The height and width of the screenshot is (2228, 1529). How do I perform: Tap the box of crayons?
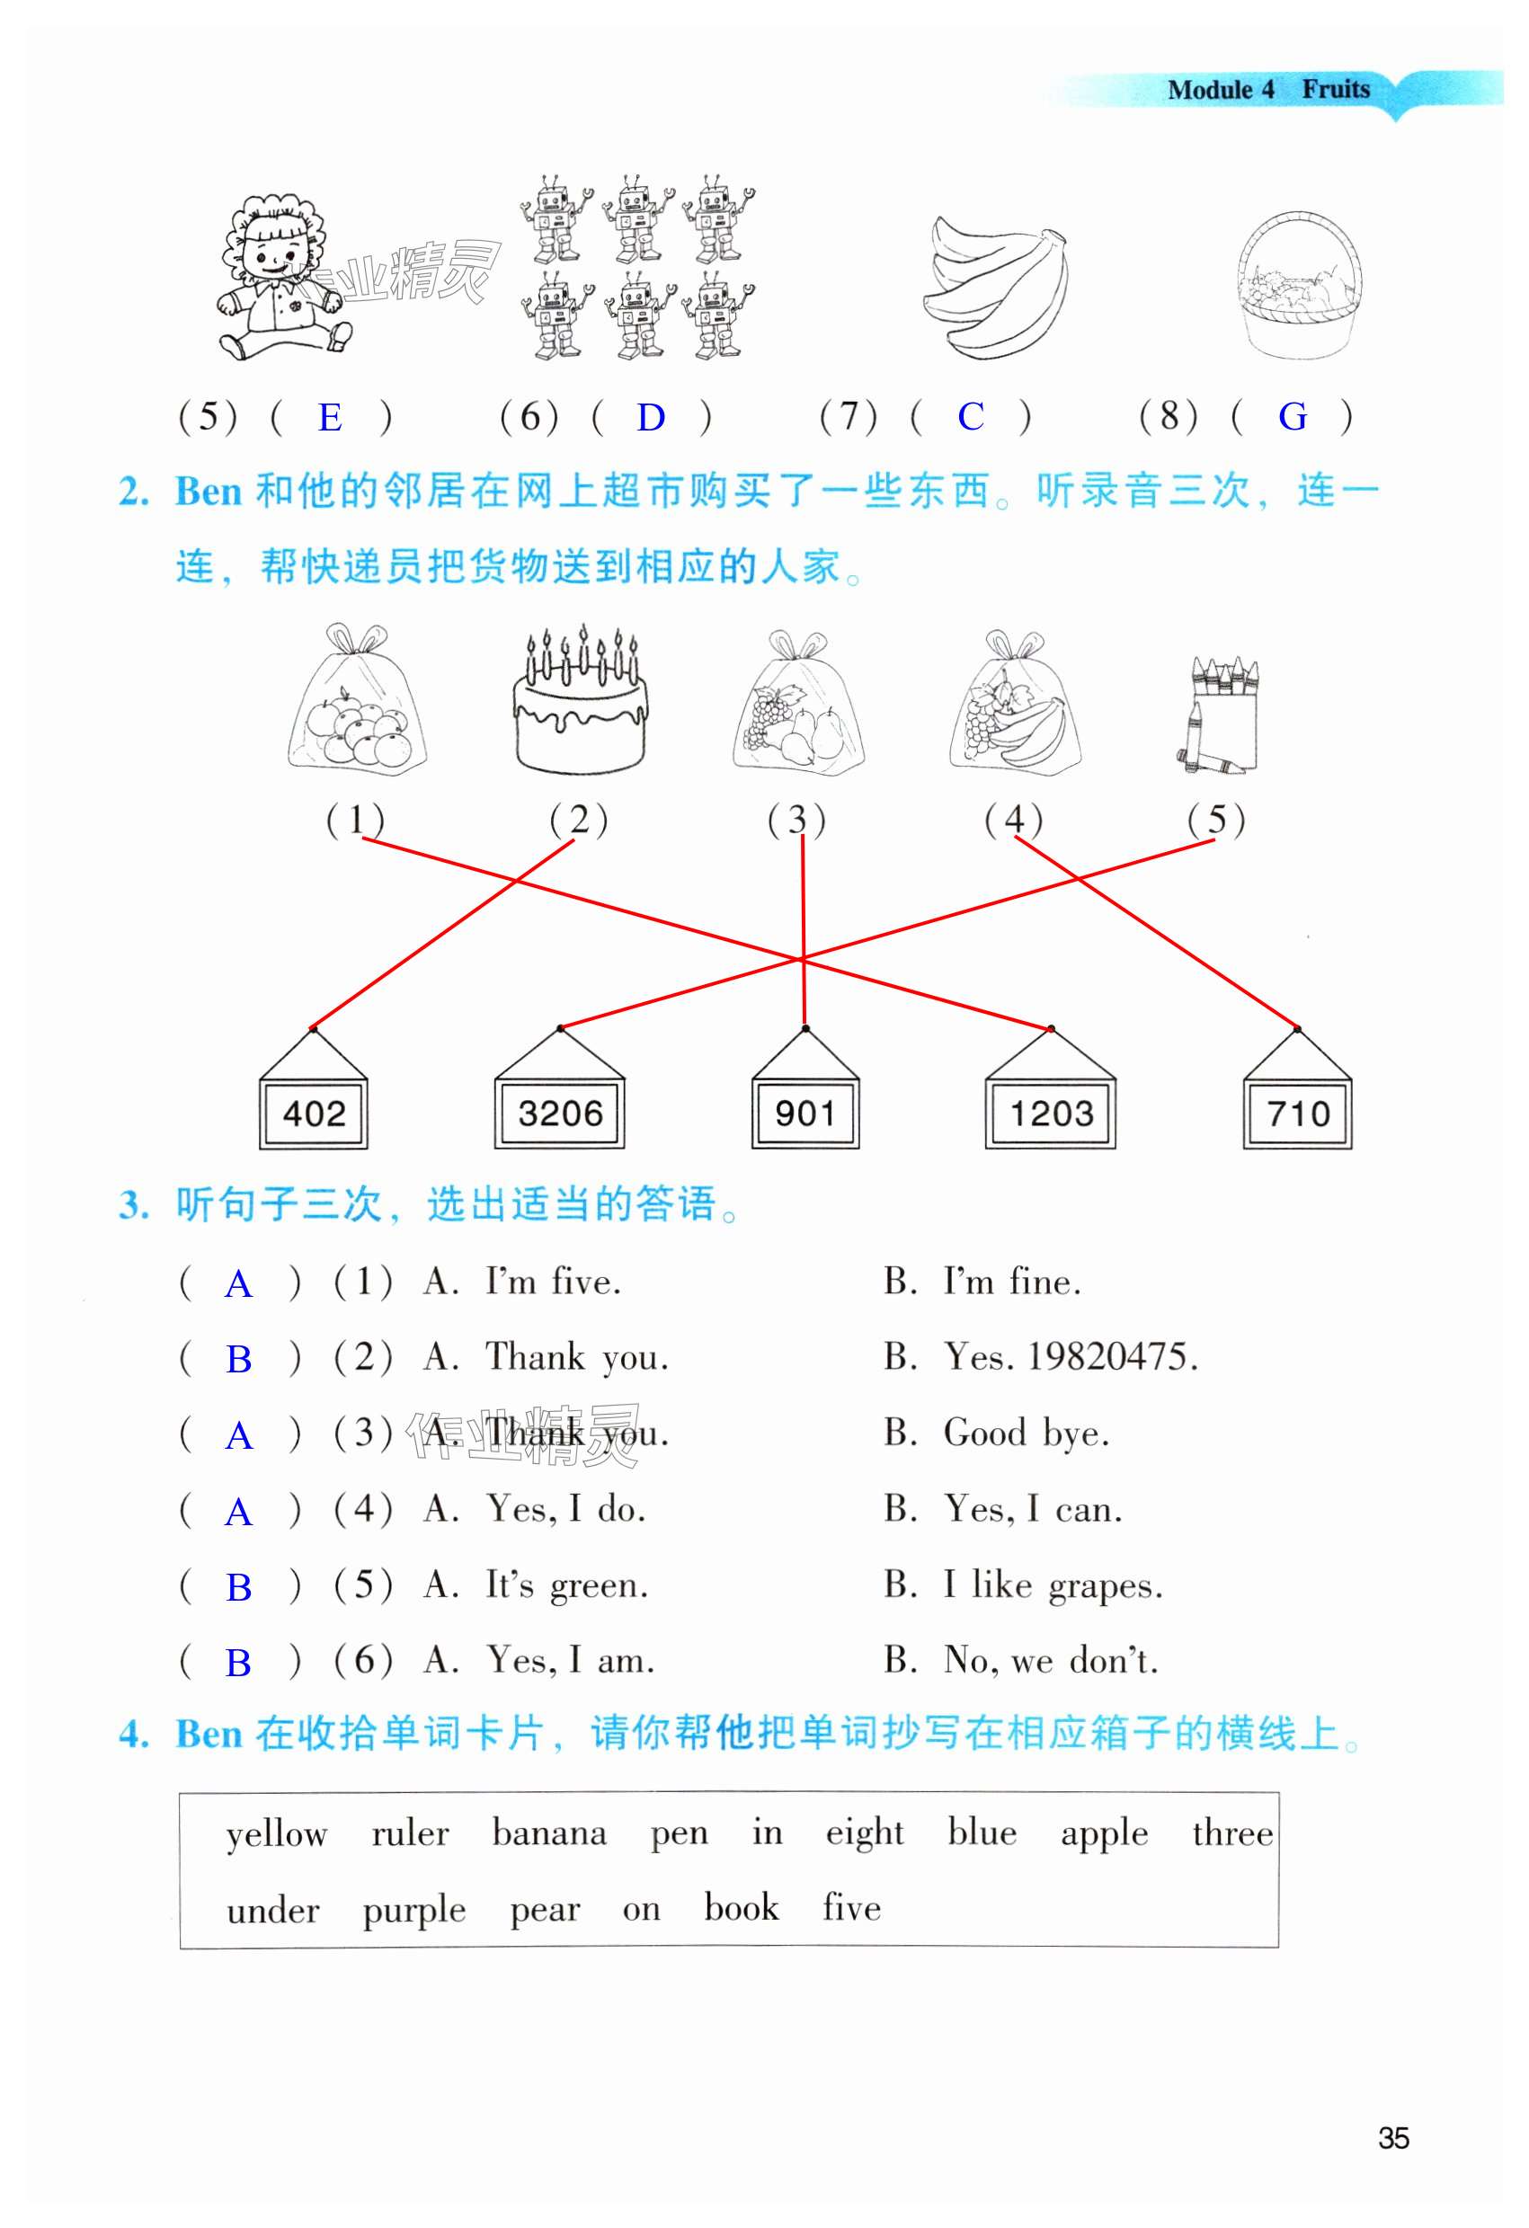click(x=1218, y=715)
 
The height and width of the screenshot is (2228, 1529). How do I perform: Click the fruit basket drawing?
click(x=1299, y=287)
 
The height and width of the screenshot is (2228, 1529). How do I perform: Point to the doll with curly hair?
click(x=280, y=278)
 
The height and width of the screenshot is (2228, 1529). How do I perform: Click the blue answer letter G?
click(x=1293, y=418)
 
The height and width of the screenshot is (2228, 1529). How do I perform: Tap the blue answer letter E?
click(x=330, y=418)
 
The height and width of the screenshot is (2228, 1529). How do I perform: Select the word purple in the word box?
click(x=414, y=1910)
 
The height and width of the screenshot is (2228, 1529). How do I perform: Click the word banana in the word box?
click(x=549, y=1833)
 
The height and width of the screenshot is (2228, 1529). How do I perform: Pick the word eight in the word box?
click(x=865, y=1833)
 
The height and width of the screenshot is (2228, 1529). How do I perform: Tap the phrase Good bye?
click(x=1027, y=1434)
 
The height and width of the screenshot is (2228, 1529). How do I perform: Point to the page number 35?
click(x=1393, y=2138)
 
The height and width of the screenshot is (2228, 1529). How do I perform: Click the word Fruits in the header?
click(x=1336, y=89)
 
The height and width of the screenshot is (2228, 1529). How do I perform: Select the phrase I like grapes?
click(x=1053, y=1585)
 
